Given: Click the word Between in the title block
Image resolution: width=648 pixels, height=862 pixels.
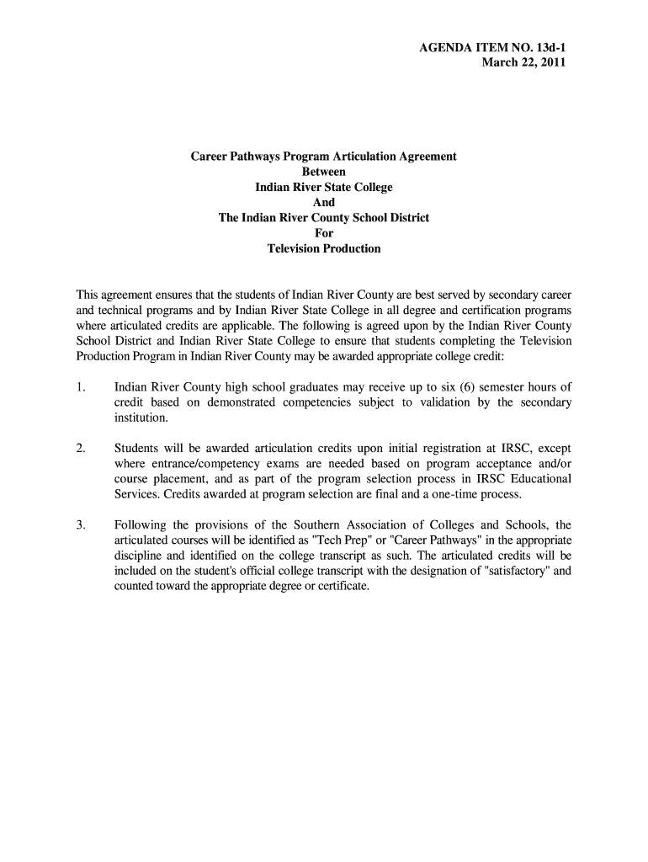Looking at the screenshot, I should (x=323, y=172).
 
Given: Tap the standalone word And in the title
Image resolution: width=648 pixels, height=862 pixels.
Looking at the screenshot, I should (x=323, y=202).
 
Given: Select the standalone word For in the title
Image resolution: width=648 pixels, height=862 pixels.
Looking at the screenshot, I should (x=323, y=233).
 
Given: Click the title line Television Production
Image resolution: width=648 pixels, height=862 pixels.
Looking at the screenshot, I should (x=323, y=248).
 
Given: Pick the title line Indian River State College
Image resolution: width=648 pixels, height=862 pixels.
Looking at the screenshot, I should (x=323, y=187).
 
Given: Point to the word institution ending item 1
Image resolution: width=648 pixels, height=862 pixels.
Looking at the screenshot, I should (x=141, y=418).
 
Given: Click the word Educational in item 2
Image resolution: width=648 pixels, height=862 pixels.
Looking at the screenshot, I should (x=542, y=478).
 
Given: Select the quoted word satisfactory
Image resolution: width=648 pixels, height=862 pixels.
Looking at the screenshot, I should (x=515, y=570).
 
